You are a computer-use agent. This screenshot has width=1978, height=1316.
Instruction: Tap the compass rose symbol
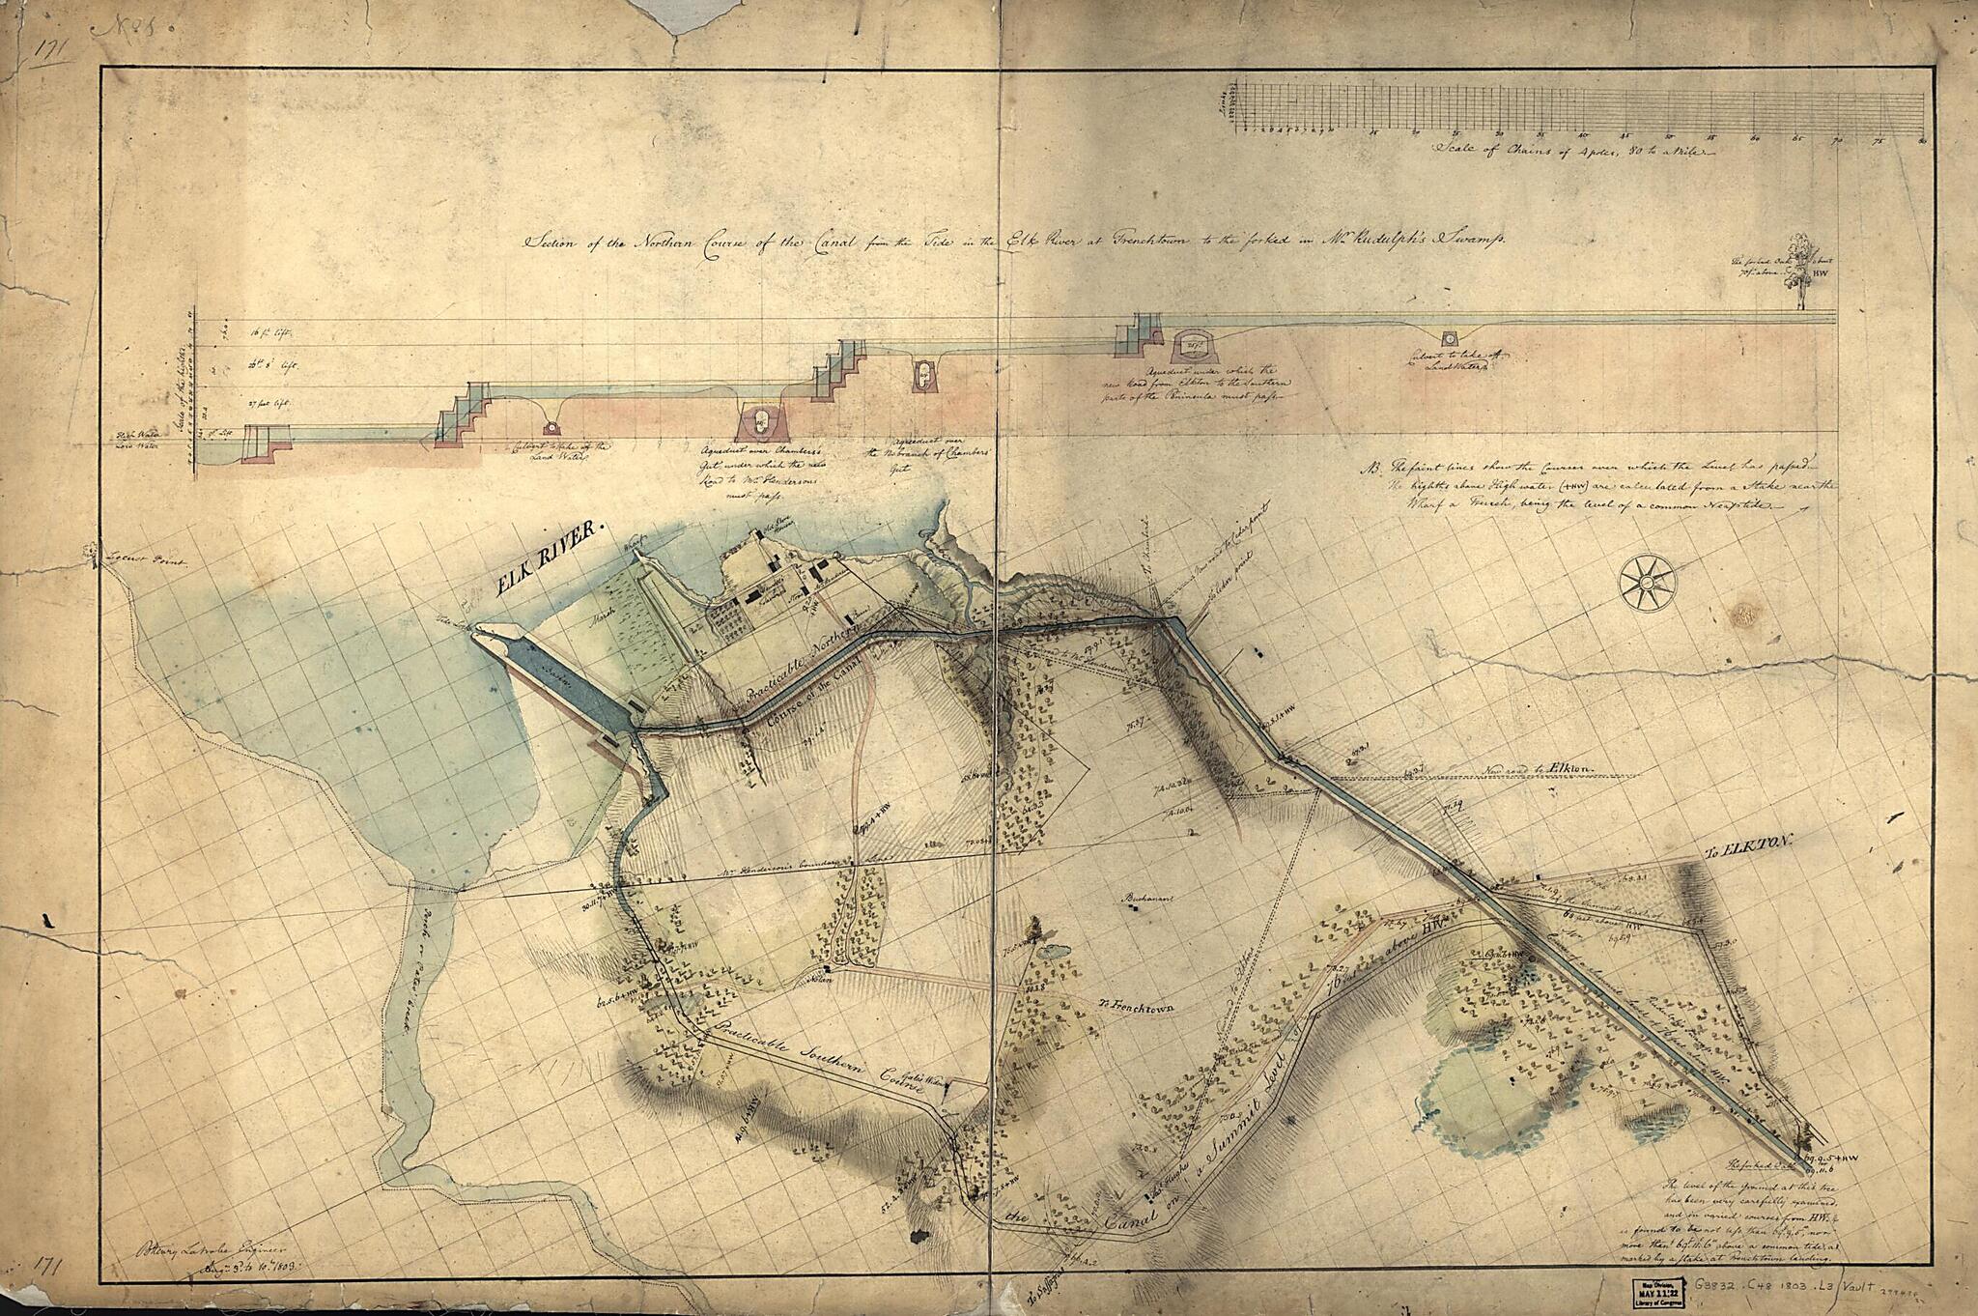click(1648, 583)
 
